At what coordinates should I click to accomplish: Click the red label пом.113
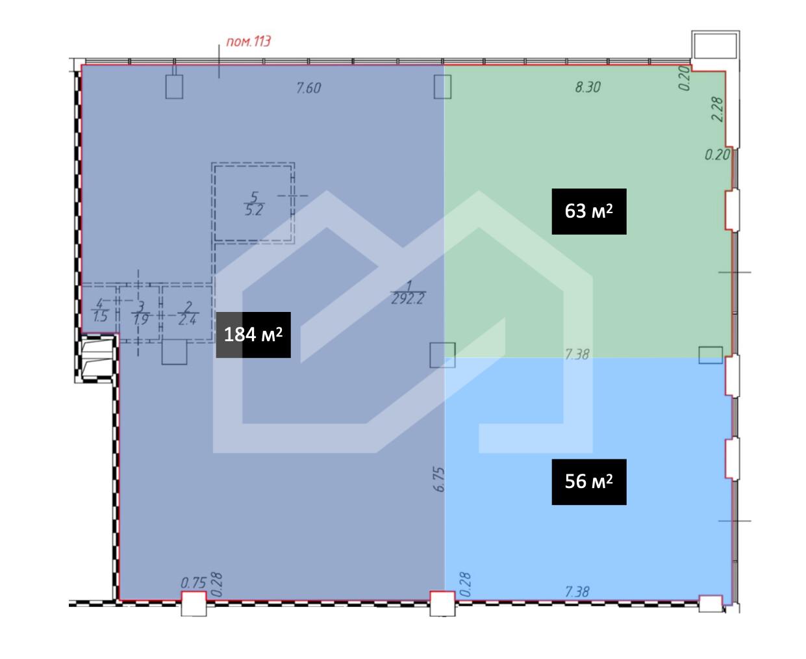(248, 42)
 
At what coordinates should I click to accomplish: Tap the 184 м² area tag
(253, 335)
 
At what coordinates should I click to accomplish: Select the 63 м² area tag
(588, 211)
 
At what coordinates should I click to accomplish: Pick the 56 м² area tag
(588, 482)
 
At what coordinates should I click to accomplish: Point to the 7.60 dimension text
(309, 88)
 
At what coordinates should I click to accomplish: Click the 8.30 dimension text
(587, 87)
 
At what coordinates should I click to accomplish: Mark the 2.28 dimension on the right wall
(717, 109)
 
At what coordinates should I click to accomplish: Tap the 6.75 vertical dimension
(439, 479)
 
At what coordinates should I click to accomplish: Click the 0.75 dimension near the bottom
(193, 583)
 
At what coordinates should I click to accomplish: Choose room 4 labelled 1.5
(100, 311)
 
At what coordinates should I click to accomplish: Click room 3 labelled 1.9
(141, 313)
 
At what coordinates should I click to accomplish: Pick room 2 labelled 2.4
(187, 313)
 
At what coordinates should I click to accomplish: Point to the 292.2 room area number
(408, 299)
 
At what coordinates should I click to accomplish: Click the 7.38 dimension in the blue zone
(577, 592)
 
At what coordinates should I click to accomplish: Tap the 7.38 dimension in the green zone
(577, 354)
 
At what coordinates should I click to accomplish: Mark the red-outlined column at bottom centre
(442, 604)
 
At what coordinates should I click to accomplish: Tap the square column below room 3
(174, 352)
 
